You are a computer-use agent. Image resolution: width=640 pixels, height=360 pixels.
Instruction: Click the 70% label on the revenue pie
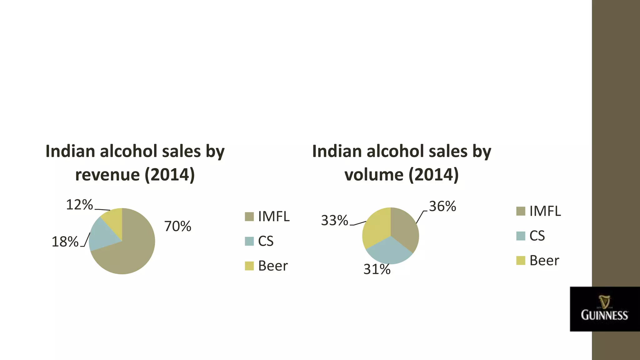[x=177, y=226]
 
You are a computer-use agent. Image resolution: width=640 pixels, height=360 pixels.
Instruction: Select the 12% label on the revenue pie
[x=79, y=205]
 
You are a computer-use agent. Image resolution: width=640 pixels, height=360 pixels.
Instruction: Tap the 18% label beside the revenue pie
[x=65, y=242]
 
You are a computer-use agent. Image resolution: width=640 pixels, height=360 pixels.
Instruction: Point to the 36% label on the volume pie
[x=442, y=206]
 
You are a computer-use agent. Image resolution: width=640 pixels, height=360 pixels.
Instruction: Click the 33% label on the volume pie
[x=334, y=221]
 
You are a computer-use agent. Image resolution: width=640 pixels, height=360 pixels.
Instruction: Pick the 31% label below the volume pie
[x=377, y=269]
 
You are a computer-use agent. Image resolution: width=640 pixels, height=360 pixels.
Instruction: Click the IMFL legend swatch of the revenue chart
[x=249, y=217]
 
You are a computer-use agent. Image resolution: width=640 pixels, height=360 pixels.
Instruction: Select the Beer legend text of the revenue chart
[x=273, y=266]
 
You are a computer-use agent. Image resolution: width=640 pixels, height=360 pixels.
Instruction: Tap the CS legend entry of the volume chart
[x=537, y=236]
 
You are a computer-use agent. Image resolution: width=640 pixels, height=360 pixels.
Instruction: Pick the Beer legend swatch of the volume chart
[x=521, y=260]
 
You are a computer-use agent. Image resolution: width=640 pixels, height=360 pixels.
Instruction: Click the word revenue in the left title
[x=107, y=175]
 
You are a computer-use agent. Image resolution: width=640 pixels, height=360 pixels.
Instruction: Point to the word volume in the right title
[x=374, y=175]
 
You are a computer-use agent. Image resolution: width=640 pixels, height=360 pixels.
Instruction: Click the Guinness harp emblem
[x=604, y=302]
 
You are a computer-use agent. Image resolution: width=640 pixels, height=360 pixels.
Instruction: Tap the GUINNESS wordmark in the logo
[x=604, y=315]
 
